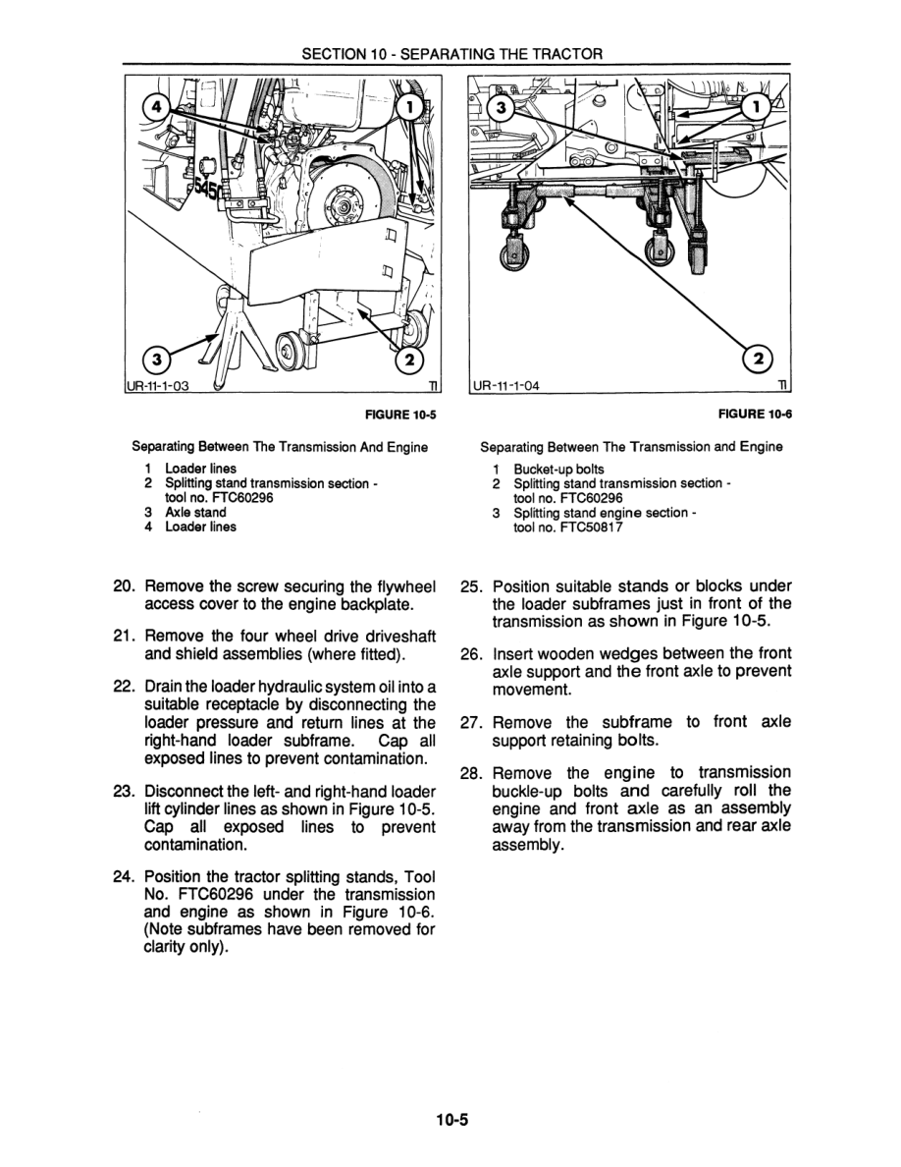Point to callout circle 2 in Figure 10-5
coord(410,359)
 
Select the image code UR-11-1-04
coord(507,385)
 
